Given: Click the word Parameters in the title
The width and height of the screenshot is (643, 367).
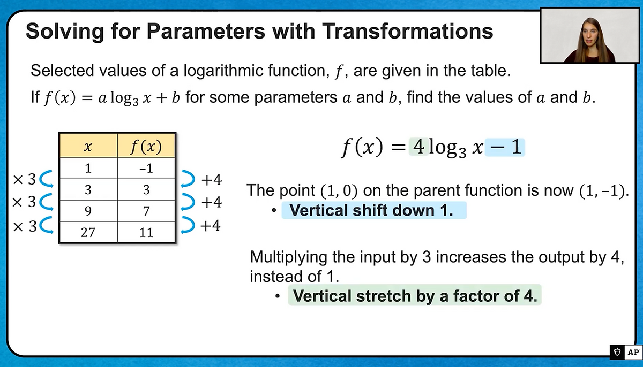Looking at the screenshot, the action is tap(206, 31).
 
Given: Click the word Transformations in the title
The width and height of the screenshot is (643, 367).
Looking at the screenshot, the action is tap(407, 31).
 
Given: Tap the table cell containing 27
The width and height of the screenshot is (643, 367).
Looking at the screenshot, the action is tap(88, 232).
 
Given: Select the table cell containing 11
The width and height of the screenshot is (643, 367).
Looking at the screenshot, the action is tap(146, 232).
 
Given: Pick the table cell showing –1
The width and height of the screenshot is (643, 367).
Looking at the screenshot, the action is tap(146, 168).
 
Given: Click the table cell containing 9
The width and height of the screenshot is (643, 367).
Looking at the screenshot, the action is tap(88, 211).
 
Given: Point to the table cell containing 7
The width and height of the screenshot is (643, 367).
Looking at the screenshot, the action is tap(146, 211).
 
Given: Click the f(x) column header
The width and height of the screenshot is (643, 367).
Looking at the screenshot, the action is tap(146, 146).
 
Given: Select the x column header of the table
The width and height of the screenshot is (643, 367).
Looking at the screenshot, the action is tap(88, 146).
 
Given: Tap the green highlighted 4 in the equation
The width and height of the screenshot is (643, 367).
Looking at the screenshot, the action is tap(418, 147).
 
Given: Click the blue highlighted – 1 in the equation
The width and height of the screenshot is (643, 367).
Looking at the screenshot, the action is tap(505, 147).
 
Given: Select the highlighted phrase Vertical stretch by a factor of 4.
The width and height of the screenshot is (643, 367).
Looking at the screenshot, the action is tap(415, 295).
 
